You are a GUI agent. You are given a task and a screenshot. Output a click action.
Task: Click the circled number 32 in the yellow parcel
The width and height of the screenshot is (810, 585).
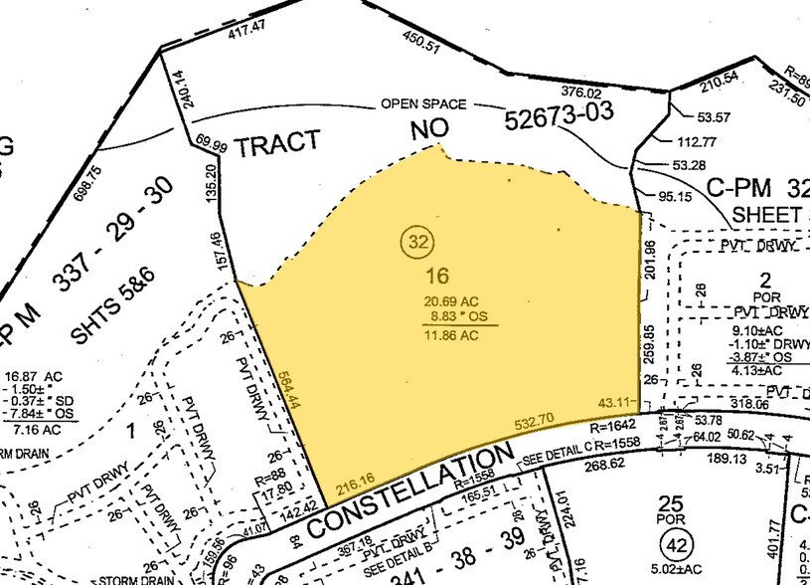click(417, 241)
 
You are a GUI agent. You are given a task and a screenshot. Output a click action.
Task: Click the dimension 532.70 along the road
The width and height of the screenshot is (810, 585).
click(534, 424)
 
